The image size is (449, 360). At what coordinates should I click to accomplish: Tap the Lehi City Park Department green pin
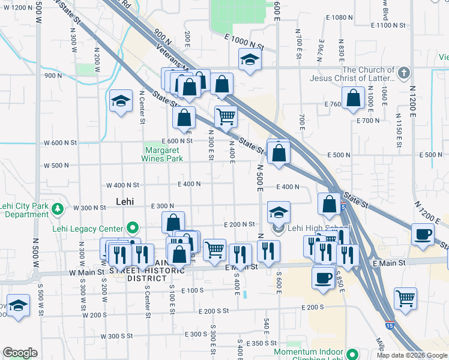58,209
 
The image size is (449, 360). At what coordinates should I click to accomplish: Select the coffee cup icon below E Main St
324,278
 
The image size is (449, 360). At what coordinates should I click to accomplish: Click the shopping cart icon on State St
226,116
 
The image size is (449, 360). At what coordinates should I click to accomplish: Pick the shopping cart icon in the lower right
406,298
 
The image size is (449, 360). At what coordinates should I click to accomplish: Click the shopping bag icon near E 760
354,99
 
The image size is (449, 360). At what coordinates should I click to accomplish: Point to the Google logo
20,353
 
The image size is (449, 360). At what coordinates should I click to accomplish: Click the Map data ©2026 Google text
412,355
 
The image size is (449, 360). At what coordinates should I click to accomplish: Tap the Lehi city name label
124,202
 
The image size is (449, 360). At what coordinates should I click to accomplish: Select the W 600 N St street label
61,143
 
